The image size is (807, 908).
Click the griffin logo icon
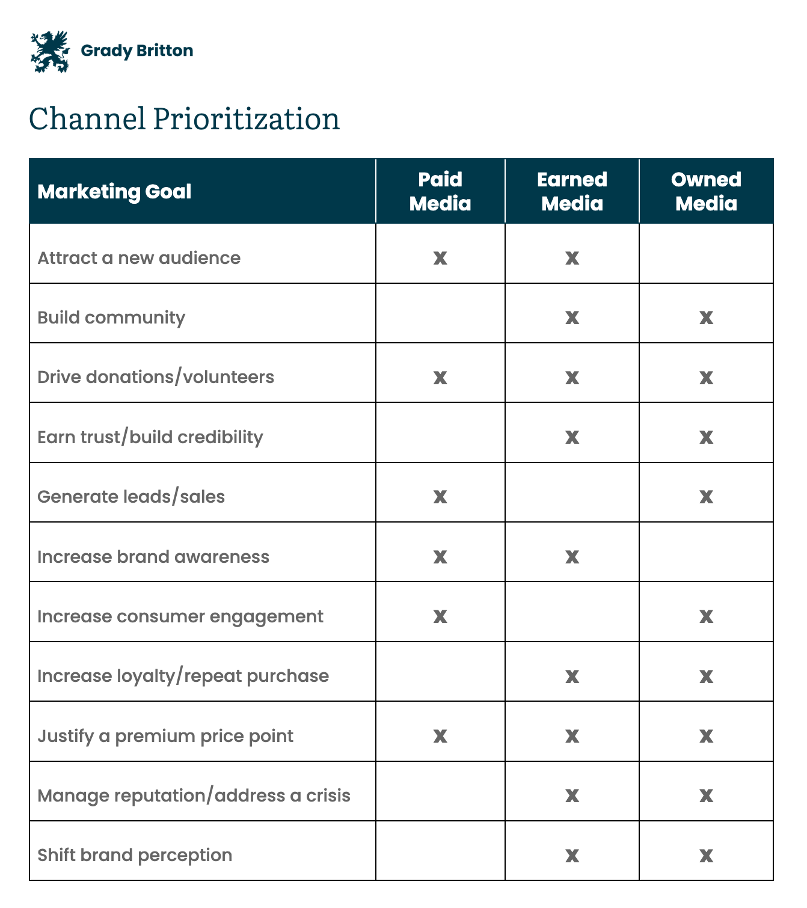pos(50,52)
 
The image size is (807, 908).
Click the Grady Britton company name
pos(137,51)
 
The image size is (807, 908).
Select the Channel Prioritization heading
pos(184,119)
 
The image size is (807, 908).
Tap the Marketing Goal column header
pos(114,192)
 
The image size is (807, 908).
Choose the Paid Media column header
pos(440,191)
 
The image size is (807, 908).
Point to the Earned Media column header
pos(572,191)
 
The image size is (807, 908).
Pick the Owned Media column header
pos(706,191)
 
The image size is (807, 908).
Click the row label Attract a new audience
pos(139,258)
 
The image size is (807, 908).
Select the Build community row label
pos(111,317)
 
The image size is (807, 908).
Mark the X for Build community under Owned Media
pos(706,317)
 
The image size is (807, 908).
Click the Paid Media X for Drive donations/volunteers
pos(440,378)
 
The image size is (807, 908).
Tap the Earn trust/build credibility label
pos(150,437)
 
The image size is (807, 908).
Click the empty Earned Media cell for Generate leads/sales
pos(572,492)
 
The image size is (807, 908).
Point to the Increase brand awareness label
pos(153,557)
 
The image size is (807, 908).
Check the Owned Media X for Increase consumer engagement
pos(706,617)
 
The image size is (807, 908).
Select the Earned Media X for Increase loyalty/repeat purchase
pos(572,676)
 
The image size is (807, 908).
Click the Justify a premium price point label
pos(165,737)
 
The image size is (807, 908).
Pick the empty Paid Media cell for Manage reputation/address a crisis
pos(440,791)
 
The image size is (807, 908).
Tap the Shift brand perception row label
pos(135,856)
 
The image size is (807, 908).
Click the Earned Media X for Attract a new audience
pos(572,258)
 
